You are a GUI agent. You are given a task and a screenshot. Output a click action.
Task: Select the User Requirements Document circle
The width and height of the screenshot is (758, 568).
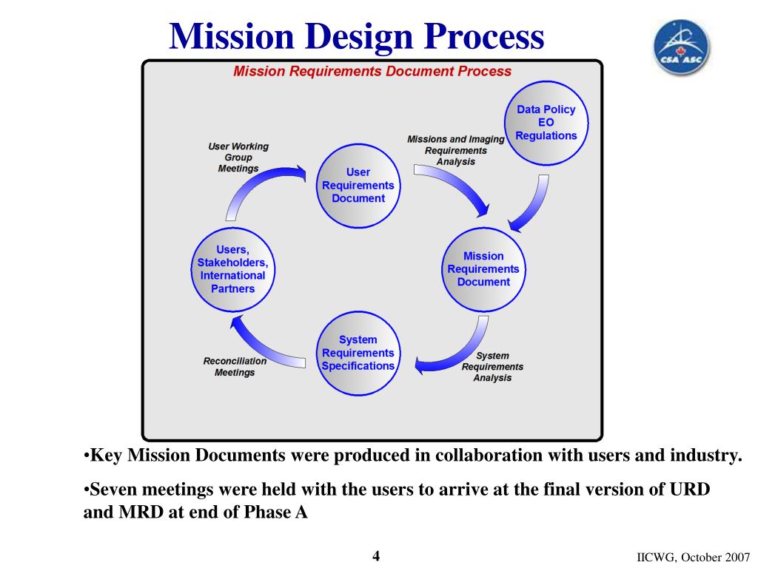[x=358, y=185]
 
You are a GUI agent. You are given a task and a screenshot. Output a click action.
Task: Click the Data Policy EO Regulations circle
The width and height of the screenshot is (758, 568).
[x=546, y=122]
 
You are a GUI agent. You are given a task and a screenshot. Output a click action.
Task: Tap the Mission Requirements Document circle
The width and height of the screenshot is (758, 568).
[x=483, y=268]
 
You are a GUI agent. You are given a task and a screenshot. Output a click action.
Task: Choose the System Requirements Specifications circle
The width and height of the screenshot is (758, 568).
[x=358, y=353]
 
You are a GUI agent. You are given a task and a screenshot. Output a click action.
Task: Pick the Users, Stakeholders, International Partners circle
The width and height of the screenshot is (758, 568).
[x=232, y=269]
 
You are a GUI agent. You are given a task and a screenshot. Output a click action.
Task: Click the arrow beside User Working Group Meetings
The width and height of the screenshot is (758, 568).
[x=259, y=189]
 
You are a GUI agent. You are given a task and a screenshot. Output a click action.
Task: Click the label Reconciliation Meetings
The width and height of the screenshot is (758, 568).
[x=235, y=367]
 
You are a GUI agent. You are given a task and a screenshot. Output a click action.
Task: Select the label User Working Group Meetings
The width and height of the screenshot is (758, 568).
[x=238, y=158]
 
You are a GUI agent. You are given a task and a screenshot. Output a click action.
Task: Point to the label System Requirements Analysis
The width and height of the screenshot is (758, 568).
[x=492, y=367]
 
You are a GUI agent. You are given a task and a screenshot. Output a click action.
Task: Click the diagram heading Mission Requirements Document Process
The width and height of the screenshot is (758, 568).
[x=372, y=72]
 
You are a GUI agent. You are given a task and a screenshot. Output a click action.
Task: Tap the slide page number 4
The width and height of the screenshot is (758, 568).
[x=375, y=555]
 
